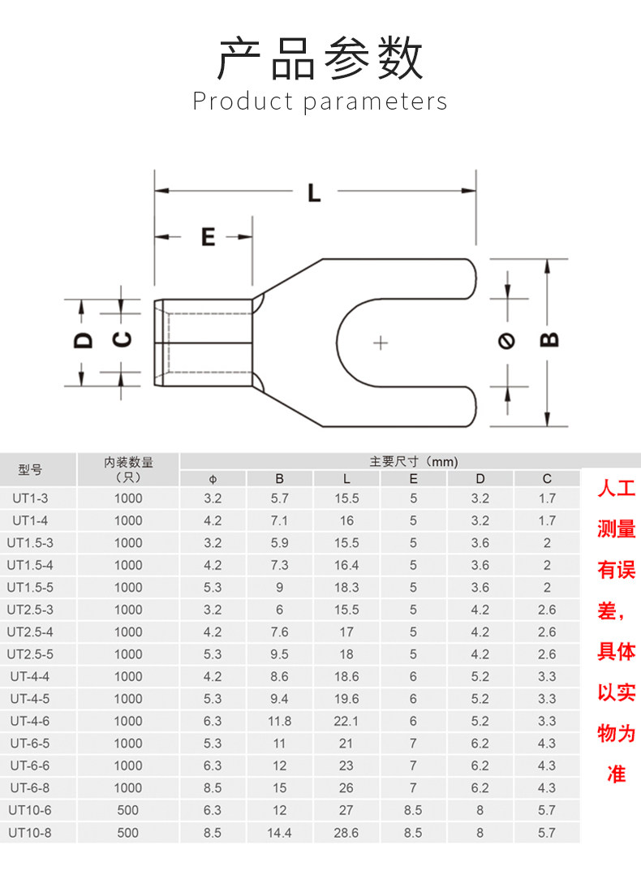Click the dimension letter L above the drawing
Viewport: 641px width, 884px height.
314,192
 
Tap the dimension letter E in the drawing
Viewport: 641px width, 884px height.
209,237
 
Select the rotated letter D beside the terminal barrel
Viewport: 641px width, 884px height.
83,340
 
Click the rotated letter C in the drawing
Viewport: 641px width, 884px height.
122,340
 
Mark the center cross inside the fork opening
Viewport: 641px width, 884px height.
380,343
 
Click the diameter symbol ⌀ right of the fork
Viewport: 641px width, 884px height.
507,340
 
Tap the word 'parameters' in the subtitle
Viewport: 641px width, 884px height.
376,101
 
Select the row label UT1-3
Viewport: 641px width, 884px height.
30,498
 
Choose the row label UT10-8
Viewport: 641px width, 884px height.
30,832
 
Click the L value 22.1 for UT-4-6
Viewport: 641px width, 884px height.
346,721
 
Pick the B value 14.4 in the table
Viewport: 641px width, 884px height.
279,832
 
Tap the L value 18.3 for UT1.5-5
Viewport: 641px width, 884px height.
346,587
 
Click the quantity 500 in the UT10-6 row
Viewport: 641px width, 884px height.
128,810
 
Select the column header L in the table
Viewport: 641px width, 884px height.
346,478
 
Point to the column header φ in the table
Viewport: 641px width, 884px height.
213,478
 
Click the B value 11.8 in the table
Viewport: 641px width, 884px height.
279,721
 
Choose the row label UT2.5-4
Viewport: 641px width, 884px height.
30,632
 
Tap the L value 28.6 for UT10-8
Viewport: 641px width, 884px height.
346,832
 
